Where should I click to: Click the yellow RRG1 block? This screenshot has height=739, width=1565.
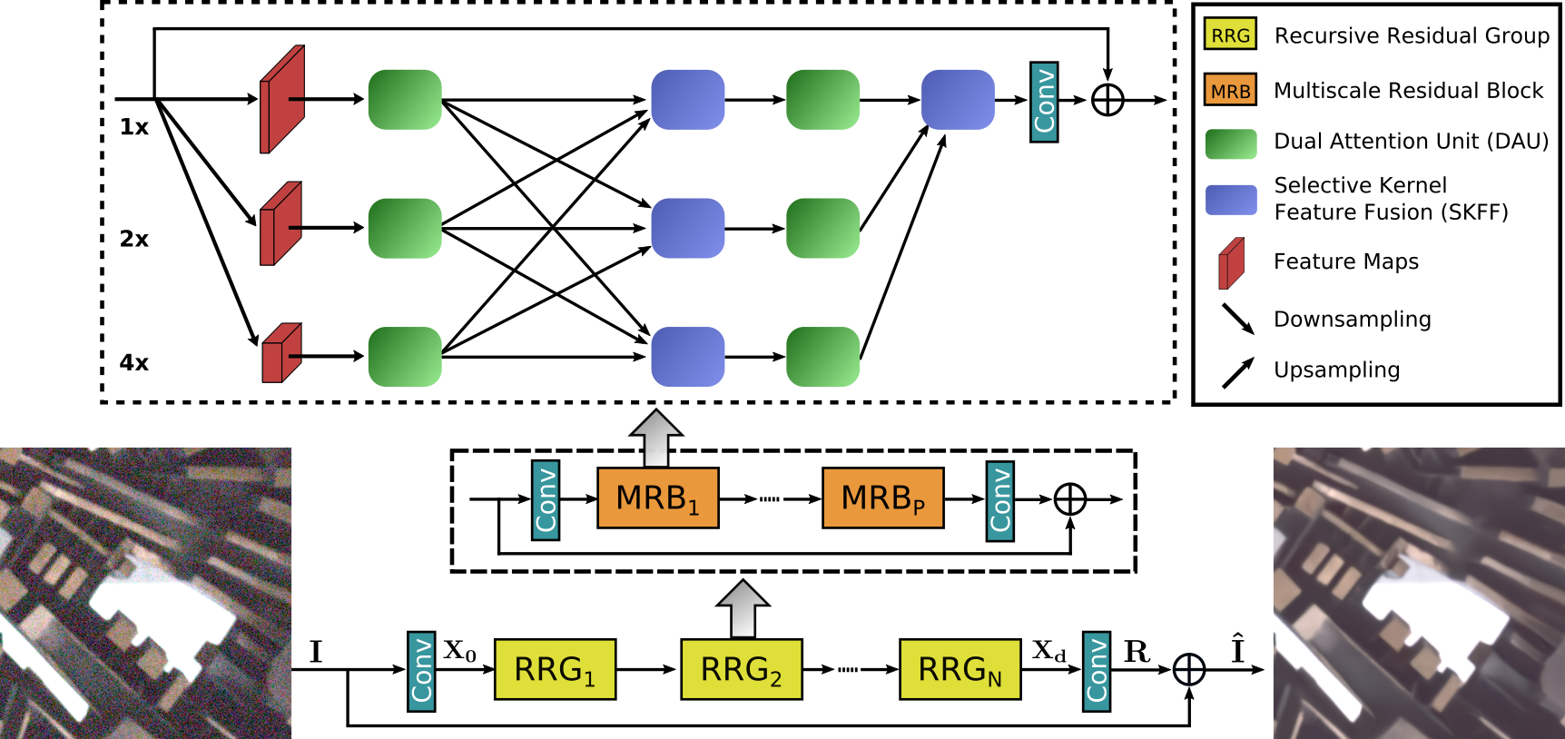coord(555,669)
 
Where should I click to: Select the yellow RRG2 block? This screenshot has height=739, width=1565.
coord(741,669)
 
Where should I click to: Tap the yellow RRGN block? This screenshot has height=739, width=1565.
coord(960,669)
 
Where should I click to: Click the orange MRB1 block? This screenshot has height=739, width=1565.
coord(657,498)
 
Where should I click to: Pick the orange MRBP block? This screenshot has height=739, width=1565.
coord(882,498)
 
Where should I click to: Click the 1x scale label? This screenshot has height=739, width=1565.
coord(133,127)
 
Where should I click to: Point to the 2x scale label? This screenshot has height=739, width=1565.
coord(133,239)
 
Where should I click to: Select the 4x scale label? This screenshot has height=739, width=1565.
coord(133,363)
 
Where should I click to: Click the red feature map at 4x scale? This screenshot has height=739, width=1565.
coord(281,353)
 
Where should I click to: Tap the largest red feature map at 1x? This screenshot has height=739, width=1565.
coord(282,99)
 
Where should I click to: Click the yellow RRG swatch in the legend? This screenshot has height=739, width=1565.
coord(1230,34)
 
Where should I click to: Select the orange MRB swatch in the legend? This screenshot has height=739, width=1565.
coord(1230,90)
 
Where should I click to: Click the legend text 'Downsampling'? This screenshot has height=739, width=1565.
coord(1352,320)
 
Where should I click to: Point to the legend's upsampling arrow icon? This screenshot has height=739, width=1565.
coord(1238,372)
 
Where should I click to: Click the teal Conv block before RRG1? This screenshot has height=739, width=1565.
coord(420,671)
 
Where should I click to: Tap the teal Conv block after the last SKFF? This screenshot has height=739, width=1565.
coord(1044,102)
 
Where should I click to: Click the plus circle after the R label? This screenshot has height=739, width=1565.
coord(1189,670)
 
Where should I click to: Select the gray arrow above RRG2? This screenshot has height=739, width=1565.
coord(743,609)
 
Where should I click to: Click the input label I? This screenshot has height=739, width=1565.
coord(315,652)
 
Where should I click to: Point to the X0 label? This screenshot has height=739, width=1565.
coord(459,651)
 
